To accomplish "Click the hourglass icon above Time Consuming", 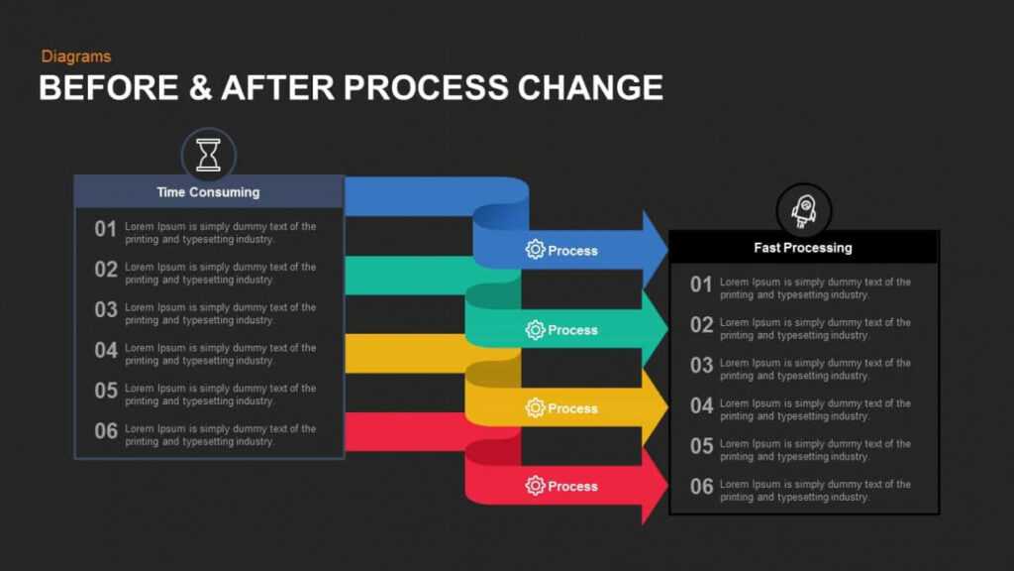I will tap(208, 155).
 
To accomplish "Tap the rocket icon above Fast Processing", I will tap(803, 210).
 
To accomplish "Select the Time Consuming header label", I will tap(208, 192).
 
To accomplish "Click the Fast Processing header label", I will tap(802, 248).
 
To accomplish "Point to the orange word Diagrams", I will tap(76, 57).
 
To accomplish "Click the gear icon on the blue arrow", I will tap(535, 250).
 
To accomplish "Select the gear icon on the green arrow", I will tap(535, 330).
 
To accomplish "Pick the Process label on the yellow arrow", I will tap(572, 408).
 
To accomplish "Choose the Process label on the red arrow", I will tap(572, 486).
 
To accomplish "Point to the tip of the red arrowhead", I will tap(666, 485).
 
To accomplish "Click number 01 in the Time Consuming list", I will tap(106, 229).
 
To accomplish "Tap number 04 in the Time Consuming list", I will tap(106, 350).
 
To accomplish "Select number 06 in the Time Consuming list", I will tap(106, 431).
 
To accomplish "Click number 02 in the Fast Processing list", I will tap(701, 325).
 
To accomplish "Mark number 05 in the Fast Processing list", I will tap(701, 446).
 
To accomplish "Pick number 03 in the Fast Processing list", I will tap(701, 366).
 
